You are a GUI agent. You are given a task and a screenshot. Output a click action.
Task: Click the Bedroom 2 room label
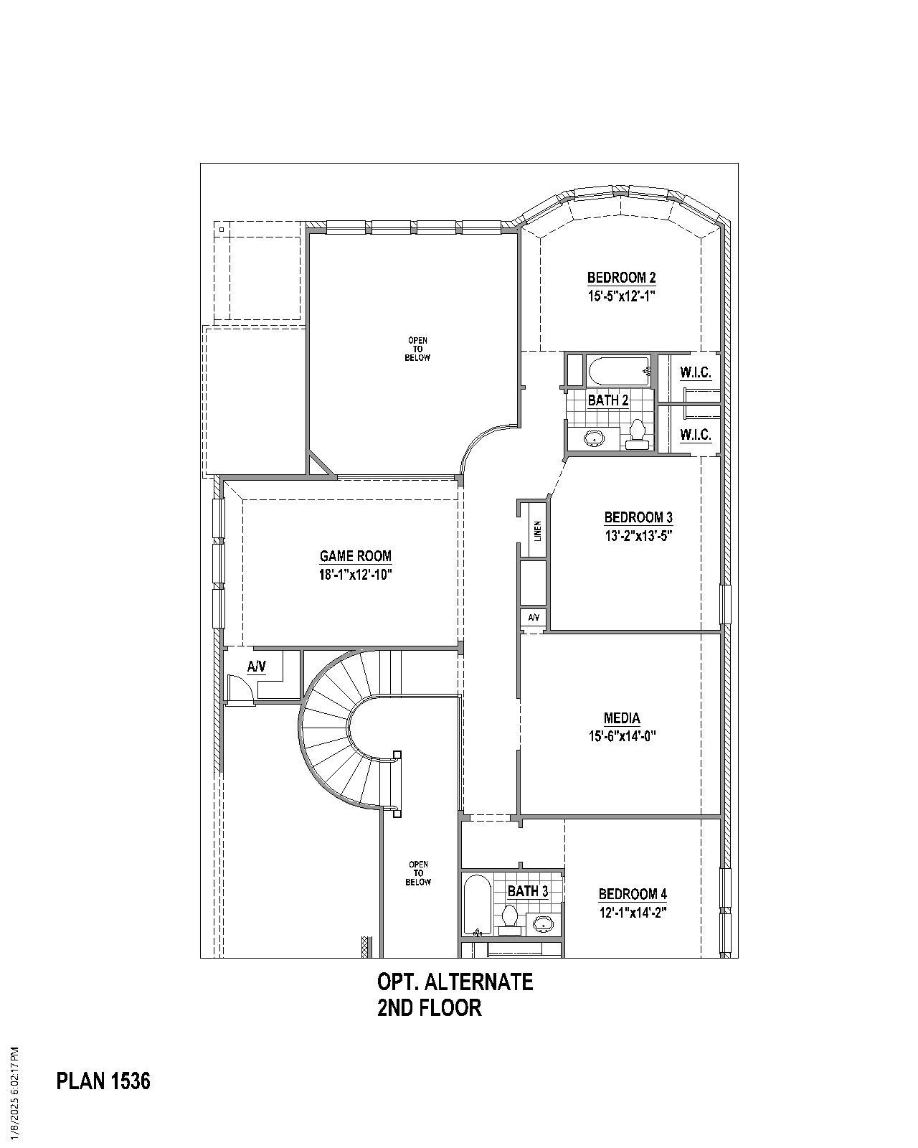coord(621,278)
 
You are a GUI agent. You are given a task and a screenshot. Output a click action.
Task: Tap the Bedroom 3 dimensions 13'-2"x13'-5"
coord(638,535)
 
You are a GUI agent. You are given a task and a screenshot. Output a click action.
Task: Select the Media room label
coord(621,718)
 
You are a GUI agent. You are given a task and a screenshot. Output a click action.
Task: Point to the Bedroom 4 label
coord(633,894)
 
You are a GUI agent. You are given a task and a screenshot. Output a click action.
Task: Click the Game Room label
coord(356,556)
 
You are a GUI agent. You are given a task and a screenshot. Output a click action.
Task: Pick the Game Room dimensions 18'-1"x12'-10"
coord(356,575)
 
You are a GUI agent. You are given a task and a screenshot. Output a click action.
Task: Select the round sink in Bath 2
coord(595,438)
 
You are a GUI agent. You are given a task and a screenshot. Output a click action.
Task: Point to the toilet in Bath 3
coord(510,918)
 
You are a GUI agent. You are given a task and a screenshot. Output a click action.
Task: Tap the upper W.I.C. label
coord(695,372)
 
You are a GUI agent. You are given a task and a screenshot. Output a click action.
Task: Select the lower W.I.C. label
coord(695,435)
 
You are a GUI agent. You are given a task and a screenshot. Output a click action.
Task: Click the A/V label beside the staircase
coord(257,667)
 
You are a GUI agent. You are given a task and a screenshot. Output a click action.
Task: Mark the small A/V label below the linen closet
coord(534,618)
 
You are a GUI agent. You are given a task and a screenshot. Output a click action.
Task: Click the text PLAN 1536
coord(103,1081)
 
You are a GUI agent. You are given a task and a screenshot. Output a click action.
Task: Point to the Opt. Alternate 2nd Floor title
coord(455,994)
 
